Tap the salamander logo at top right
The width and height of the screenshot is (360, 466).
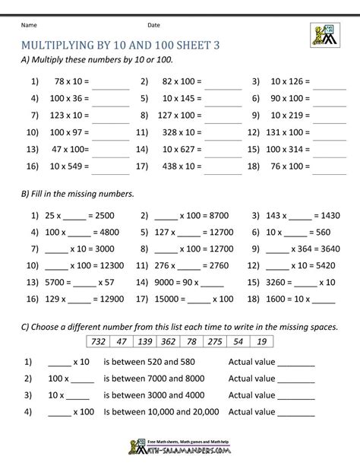324,36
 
